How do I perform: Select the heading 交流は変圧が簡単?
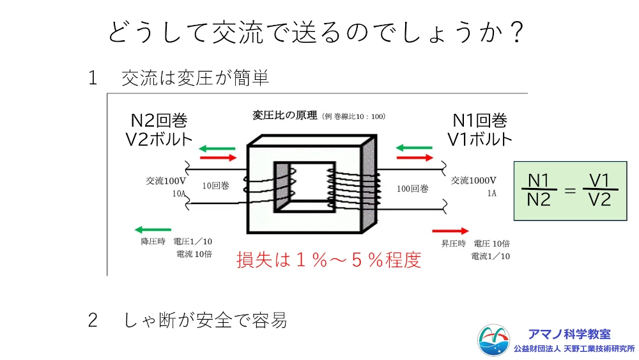[x=195, y=78]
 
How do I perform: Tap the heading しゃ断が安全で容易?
[x=205, y=320]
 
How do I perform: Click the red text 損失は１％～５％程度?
[x=329, y=260]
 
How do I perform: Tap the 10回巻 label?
[x=215, y=187]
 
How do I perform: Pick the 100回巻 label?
[x=412, y=189]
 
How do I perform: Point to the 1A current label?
[x=491, y=192]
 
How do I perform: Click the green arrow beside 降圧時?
[x=153, y=230]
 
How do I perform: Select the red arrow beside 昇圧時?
[x=451, y=231]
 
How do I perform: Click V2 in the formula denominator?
[x=599, y=200]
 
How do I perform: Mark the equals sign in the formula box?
[x=570, y=190]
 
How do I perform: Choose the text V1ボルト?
[x=479, y=139]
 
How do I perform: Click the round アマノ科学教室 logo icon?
[x=494, y=341]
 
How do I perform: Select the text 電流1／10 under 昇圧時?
[x=491, y=256]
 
